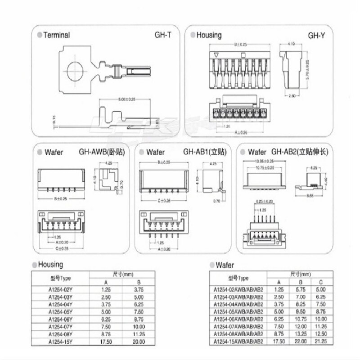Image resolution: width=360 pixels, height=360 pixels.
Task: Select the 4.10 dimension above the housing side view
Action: [x=291, y=44]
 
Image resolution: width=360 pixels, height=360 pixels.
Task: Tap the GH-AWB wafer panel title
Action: [x=102, y=153]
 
